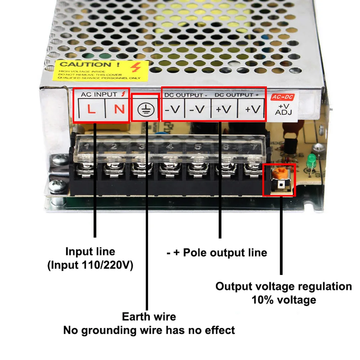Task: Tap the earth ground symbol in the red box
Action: pyautogui.click(x=145, y=109)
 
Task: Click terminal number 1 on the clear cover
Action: pyautogui.click(x=87, y=146)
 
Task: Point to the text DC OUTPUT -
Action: pyautogui.click(x=186, y=95)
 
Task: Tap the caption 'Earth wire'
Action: pyautogui.click(x=149, y=317)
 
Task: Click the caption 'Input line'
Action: pyautogui.click(x=90, y=251)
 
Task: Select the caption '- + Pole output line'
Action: pyautogui.click(x=217, y=253)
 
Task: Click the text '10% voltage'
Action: pyautogui.click(x=284, y=300)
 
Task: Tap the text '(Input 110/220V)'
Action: pyautogui.click(x=90, y=266)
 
